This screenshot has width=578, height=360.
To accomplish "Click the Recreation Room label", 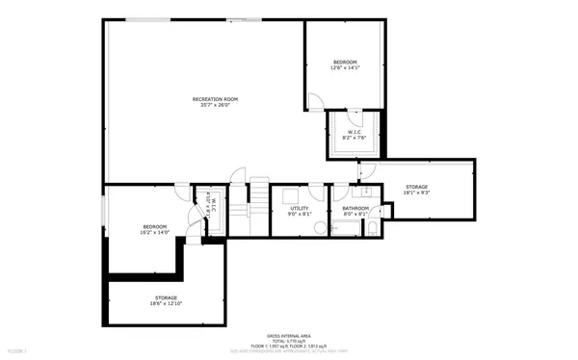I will click(x=215, y=99).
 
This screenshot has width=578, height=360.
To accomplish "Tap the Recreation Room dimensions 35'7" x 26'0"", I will click(x=215, y=106).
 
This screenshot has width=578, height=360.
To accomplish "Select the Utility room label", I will click(x=299, y=207).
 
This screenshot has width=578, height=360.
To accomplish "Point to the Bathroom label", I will click(x=356, y=207).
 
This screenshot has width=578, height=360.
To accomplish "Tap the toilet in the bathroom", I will click(x=373, y=228).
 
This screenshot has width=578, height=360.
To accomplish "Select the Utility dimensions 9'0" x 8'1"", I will click(x=299, y=214).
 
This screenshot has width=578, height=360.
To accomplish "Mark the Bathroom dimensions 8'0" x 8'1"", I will click(x=356, y=214).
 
